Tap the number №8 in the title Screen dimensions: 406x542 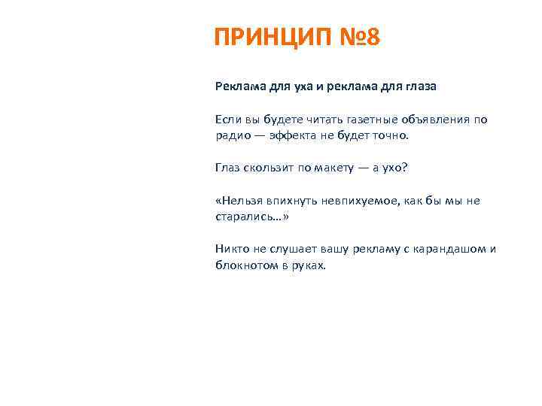click(x=355, y=38)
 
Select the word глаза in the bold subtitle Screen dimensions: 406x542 click(x=418, y=86)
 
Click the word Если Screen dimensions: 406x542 click(x=228, y=120)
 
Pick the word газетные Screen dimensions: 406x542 click(x=349, y=120)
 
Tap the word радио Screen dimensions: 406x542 click(x=233, y=136)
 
